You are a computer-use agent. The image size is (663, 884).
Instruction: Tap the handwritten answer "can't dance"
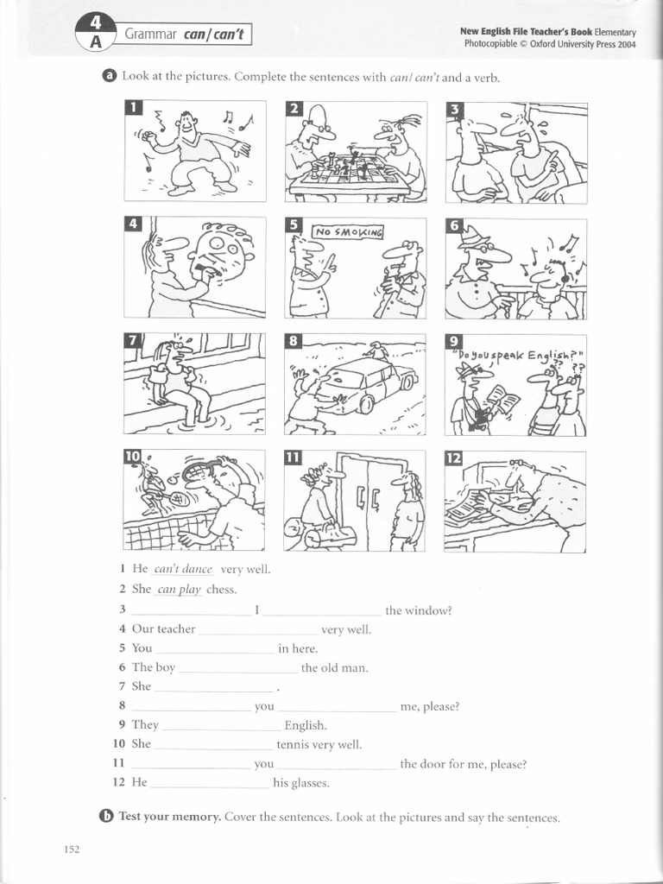click(183, 570)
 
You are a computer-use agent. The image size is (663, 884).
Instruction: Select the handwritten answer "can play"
click(179, 590)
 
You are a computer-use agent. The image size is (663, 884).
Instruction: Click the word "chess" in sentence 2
click(221, 590)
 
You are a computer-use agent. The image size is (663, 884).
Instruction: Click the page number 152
click(72, 849)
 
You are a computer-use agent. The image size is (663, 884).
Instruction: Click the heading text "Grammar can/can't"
click(182, 35)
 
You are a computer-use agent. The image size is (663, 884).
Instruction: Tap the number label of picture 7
click(133, 341)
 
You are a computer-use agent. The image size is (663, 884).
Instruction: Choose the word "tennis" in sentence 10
click(294, 744)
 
